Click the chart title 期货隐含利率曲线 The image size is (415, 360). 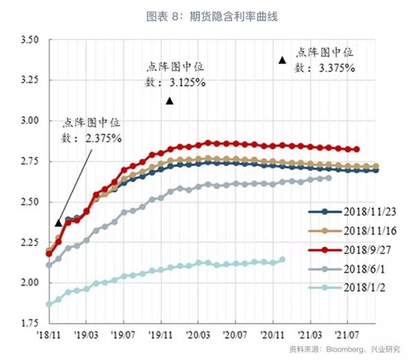(x=239, y=15)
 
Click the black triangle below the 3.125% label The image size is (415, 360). (x=169, y=101)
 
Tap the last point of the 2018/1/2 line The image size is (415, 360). (x=282, y=260)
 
